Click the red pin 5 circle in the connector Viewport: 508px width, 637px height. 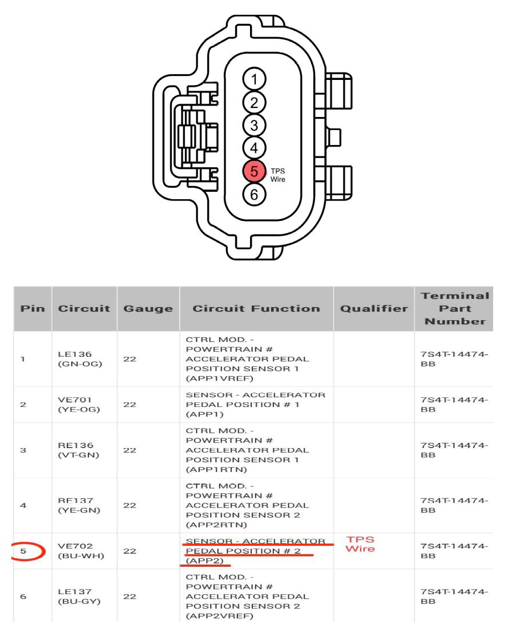point(254,171)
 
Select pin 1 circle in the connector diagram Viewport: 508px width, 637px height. point(254,79)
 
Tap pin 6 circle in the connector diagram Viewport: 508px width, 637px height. point(254,194)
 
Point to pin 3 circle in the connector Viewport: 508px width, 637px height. point(254,125)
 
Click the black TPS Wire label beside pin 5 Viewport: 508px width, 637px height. point(278,175)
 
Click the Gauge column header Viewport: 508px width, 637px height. point(148,308)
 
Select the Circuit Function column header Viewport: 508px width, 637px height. point(256,308)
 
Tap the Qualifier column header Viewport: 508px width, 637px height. point(374,308)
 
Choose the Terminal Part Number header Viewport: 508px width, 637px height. point(455,308)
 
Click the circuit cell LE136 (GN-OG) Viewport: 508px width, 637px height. point(80,359)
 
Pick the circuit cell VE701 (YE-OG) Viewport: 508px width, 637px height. point(79,405)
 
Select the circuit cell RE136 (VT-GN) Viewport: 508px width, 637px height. point(79,450)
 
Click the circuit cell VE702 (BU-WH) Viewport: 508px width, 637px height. point(81,551)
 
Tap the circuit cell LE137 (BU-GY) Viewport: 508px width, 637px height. point(79,596)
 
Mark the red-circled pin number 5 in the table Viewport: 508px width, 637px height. point(23,551)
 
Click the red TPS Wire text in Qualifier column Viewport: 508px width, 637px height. point(360,544)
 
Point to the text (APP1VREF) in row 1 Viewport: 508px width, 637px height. point(219,378)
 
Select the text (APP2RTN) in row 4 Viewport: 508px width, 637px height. point(216,525)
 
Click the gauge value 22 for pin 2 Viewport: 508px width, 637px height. point(130,405)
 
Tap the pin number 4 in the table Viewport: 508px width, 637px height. point(23,505)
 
